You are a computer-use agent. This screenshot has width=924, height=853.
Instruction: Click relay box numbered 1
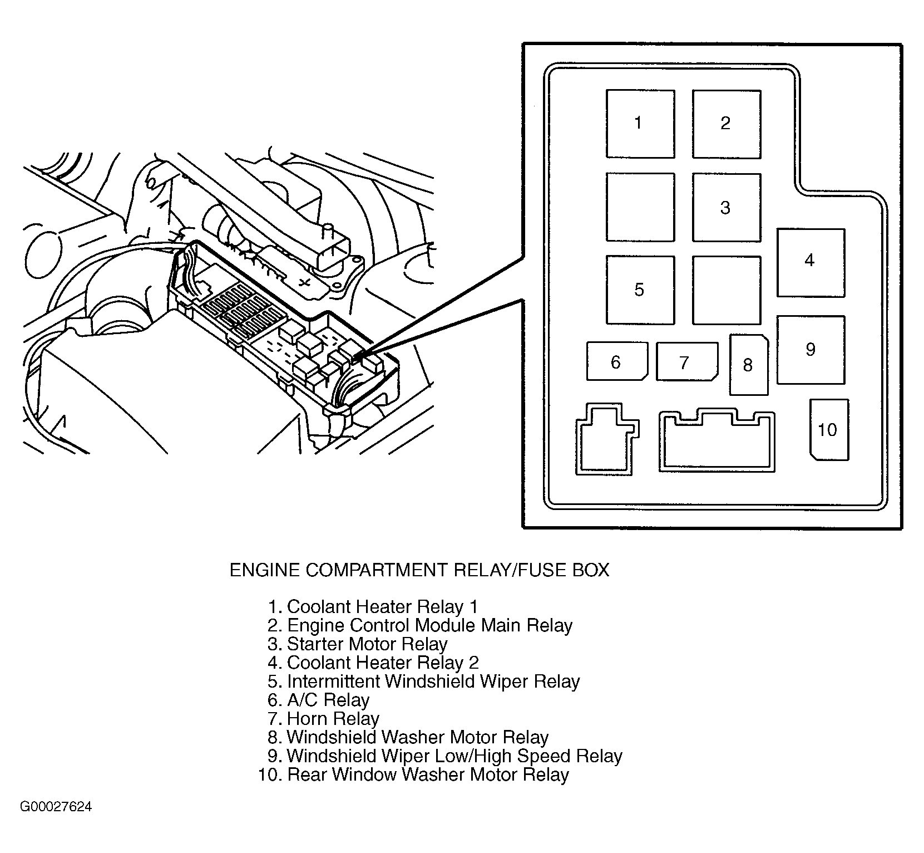[640, 124]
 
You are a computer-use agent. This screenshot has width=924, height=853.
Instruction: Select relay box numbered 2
[726, 124]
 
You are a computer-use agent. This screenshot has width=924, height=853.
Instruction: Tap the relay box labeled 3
[726, 208]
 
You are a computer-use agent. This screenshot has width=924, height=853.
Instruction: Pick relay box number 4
[811, 262]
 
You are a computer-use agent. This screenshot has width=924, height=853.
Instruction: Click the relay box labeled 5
[640, 290]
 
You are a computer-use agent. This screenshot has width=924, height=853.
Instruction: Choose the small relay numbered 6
[616, 362]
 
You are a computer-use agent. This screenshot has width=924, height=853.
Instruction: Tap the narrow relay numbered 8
[749, 365]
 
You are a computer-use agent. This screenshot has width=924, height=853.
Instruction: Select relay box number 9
[811, 350]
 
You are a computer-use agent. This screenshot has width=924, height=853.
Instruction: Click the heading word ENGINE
[265, 570]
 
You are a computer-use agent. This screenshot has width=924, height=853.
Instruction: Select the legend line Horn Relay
[333, 719]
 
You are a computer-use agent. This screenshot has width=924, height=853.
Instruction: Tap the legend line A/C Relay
[328, 700]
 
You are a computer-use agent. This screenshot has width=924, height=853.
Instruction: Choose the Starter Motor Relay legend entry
[367, 644]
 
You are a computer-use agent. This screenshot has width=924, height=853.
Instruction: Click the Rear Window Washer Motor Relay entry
[427, 774]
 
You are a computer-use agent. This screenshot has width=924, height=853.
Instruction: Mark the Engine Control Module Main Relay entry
[429, 625]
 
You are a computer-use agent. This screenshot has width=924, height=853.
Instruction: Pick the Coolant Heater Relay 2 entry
[382, 663]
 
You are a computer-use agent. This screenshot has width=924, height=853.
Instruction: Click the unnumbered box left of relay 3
[640, 208]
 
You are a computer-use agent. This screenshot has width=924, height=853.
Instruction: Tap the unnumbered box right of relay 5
[726, 290]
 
